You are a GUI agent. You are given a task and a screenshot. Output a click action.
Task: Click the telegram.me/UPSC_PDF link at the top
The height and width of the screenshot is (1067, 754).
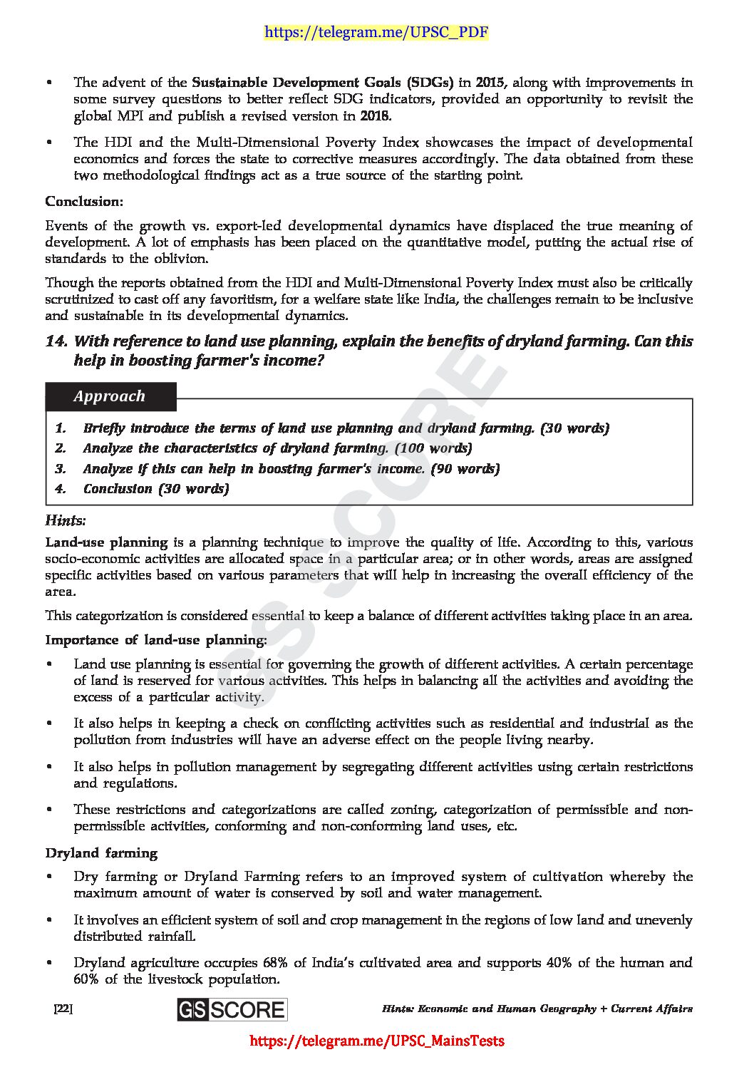[376, 32]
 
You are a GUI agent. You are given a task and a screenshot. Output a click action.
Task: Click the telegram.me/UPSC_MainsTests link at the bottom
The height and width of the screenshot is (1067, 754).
[376, 1041]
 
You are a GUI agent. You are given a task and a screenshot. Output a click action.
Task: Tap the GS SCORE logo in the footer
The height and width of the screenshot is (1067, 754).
[232, 1009]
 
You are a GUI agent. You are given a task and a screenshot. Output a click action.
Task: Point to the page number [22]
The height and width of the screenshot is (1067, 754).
[63, 1009]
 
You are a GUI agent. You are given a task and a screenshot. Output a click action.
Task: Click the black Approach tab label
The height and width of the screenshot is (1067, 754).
[110, 396]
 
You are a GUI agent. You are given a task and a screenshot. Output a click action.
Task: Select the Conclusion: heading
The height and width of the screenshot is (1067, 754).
[84, 202]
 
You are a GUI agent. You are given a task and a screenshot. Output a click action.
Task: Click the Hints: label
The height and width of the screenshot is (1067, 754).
[66, 520]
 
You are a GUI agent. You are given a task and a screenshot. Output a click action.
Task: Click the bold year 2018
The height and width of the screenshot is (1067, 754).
[376, 115]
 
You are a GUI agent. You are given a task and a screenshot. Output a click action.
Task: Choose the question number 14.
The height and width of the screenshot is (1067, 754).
[56, 341]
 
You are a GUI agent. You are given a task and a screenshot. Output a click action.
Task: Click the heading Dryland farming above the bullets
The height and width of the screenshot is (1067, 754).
[101, 852]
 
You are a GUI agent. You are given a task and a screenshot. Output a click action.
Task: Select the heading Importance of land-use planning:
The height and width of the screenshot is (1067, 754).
[156, 639]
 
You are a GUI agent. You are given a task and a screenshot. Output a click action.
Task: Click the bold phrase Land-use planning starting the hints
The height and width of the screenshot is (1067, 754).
[106, 542]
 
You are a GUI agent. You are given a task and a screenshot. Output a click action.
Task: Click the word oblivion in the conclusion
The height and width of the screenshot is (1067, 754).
[185, 258]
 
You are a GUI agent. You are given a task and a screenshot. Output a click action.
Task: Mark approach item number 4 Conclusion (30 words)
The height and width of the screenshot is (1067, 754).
[155, 488]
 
